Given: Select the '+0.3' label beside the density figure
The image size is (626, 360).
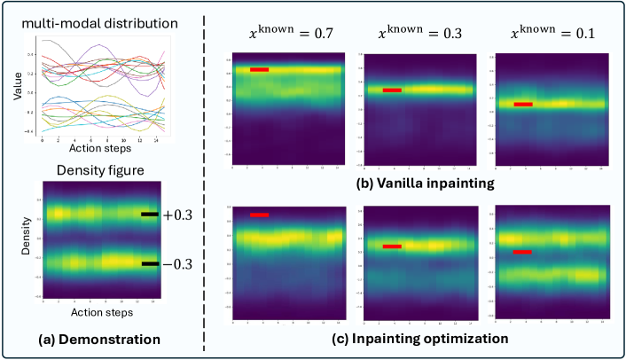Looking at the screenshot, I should [176, 215].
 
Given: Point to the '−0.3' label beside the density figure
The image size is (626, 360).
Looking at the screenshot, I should [176, 264].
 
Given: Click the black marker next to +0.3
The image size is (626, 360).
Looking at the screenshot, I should [150, 215].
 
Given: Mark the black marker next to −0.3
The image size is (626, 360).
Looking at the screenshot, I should [150, 264].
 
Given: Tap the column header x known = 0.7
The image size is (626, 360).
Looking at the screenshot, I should [285, 35].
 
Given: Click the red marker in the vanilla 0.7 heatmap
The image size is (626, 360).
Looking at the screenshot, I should [259, 69].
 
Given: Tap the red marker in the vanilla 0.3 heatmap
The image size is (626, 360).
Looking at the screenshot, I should [392, 90].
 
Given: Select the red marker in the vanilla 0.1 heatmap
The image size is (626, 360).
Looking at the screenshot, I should [523, 105].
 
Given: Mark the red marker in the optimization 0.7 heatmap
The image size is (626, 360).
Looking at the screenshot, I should [259, 215].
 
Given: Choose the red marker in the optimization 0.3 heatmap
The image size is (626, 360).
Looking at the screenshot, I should [392, 247].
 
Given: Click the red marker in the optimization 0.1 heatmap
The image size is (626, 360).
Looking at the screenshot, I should [523, 252].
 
